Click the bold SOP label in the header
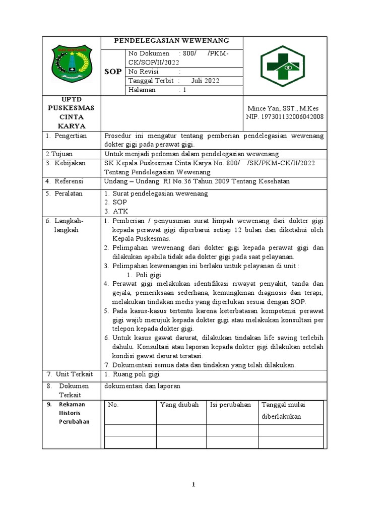pyautogui.click(x=112, y=72)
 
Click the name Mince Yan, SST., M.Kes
pyautogui.click(x=283, y=108)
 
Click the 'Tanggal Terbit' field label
pyautogui.click(x=151, y=81)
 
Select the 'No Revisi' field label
pyautogui.click(x=144, y=72)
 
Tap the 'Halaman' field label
pyautogui.click(x=142, y=90)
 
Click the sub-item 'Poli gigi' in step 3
pyautogui.click(x=148, y=275)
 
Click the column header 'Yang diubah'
pyautogui.click(x=179, y=405)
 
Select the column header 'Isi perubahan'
pyautogui.click(x=230, y=405)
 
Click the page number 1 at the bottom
pyautogui.click(x=193, y=485)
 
